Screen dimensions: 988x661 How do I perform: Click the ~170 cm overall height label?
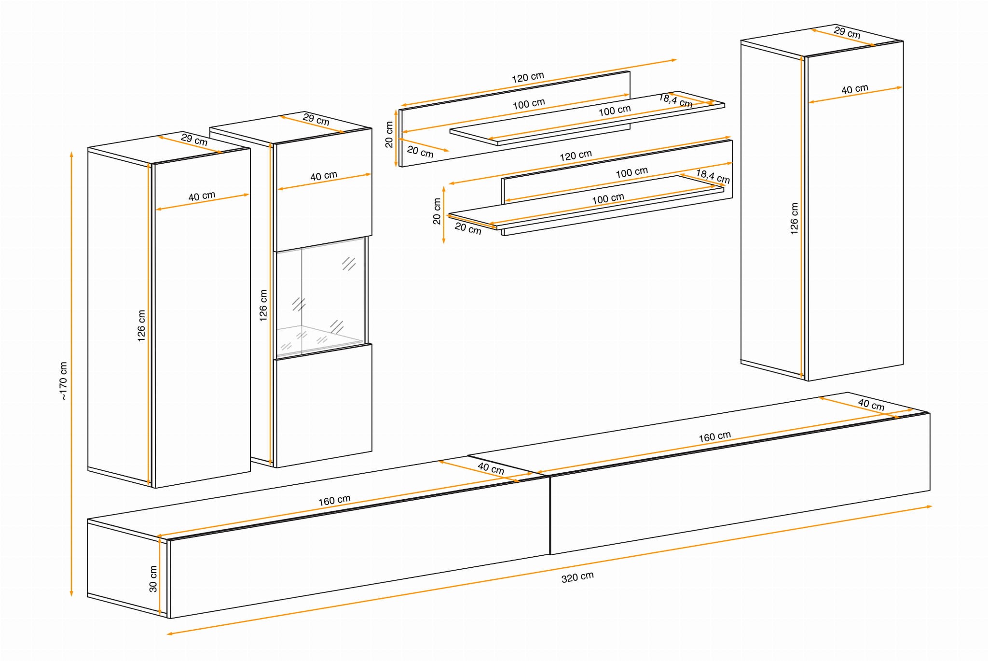(63, 381)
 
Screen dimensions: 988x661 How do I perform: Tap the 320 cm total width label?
(577, 577)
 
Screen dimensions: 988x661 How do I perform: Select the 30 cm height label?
(153, 579)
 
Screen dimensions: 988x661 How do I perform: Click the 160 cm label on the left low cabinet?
(334, 500)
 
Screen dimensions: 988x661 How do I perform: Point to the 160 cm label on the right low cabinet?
(715, 437)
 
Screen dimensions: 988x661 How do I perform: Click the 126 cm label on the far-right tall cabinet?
(794, 219)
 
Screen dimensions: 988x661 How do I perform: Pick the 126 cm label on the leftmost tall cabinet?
(141, 326)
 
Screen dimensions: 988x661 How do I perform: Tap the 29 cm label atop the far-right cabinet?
(847, 32)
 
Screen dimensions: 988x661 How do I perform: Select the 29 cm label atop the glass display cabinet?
(316, 119)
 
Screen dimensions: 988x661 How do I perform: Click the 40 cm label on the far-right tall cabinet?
(855, 89)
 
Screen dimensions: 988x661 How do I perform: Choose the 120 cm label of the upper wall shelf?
(528, 77)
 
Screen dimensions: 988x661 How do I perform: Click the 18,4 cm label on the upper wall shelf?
(676, 101)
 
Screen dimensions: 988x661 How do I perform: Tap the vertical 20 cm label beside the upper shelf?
(389, 134)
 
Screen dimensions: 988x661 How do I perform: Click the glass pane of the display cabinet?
(320, 296)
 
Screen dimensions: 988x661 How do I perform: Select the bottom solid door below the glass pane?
(324, 406)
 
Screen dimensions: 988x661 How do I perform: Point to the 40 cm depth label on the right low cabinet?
(871, 405)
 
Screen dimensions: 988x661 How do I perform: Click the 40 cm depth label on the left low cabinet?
(491, 468)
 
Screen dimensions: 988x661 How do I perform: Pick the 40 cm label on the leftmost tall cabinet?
(202, 197)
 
